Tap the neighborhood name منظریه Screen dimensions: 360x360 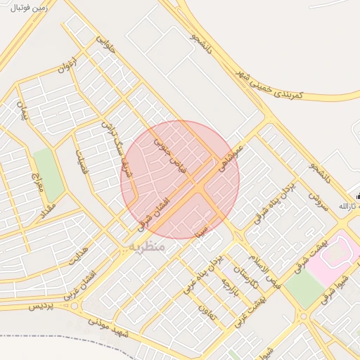point(147,247)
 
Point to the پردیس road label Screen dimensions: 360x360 point(41,307)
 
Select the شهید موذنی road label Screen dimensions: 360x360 point(107,328)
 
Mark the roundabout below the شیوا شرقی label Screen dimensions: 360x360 point(304,317)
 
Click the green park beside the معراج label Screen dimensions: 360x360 point(49,174)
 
